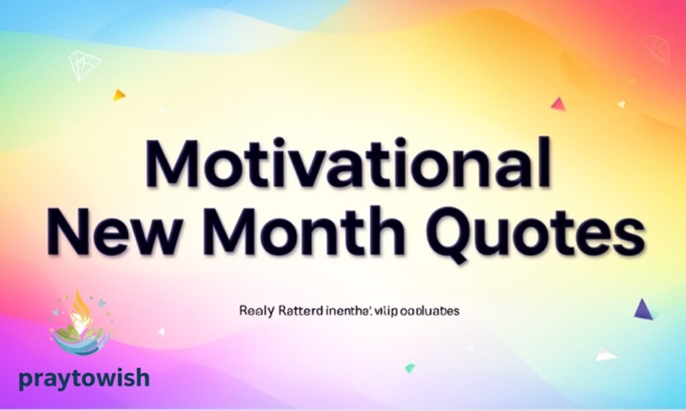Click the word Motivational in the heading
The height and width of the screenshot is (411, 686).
348,164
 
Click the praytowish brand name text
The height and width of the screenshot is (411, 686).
84,379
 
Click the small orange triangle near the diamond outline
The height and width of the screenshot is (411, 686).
119,95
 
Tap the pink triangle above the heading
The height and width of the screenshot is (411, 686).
557,104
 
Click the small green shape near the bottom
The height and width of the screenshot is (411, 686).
409,367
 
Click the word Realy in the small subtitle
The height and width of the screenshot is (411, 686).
252,311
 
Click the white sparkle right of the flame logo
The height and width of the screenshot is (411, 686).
161,331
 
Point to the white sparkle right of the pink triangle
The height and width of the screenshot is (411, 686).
622,103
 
